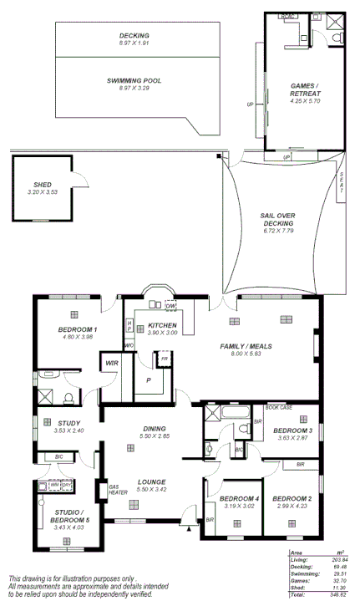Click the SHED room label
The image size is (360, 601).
click(x=42, y=185)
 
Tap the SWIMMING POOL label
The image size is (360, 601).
click(x=134, y=80)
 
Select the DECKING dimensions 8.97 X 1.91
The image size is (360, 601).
click(x=134, y=43)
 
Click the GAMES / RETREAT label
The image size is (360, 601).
click(x=305, y=89)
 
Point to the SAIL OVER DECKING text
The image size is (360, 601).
click(x=277, y=219)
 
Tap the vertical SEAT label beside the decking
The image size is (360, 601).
click(x=342, y=182)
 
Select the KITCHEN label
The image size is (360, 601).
click(x=161, y=325)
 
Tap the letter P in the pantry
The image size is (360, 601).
click(x=148, y=379)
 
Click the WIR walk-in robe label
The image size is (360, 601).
click(x=110, y=363)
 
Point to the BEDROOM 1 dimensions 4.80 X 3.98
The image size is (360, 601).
click(x=77, y=337)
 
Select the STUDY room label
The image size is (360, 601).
click(x=68, y=423)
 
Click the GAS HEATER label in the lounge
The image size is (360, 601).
click(x=116, y=489)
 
